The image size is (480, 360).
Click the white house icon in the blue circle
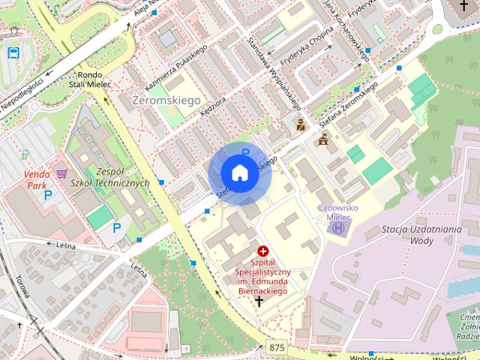click(x=239, y=173)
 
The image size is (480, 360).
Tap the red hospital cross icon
click(x=262, y=250)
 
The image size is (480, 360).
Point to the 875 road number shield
click(x=275, y=346)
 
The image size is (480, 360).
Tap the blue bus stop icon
click(x=13, y=52)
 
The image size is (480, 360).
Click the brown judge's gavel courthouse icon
click(x=324, y=139)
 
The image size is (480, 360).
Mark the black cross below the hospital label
click(x=259, y=301)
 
